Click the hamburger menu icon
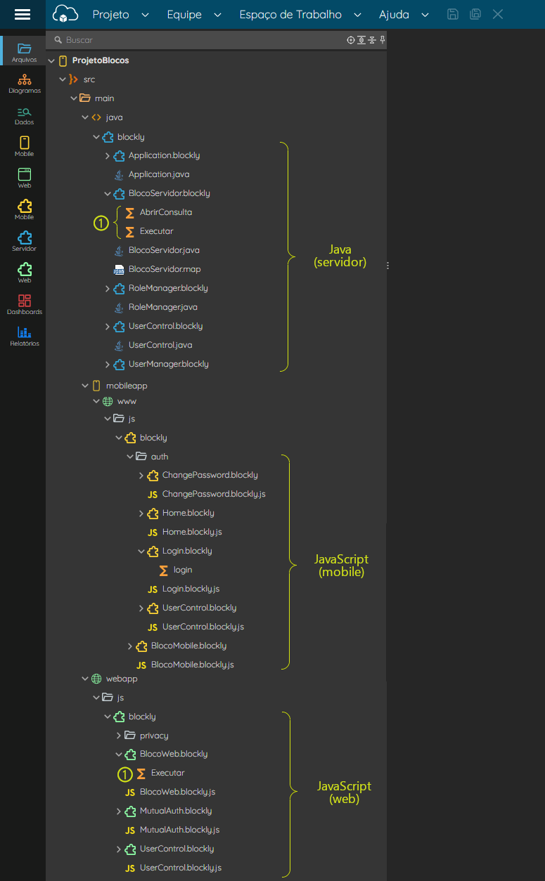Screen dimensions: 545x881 [x=23, y=15]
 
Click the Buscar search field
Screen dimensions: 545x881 [x=197, y=40]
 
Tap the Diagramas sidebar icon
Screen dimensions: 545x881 [x=25, y=84]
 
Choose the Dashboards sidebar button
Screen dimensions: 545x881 [x=25, y=305]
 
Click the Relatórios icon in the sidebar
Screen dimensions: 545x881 [x=25, y=337]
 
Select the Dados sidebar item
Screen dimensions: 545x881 [x=25, y=116]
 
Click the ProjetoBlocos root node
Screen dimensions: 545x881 [x=101, y=60]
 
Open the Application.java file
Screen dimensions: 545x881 [x=159, y=174]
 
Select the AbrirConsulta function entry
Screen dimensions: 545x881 [x=166, y=212]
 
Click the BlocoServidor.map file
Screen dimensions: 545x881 [x=165, y=269]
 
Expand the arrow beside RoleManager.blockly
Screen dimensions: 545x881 [x=107, y=289]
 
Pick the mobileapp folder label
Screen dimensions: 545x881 [x=127, y=386]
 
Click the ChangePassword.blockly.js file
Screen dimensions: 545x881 [x=214, y=494]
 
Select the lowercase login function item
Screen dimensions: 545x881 [x=183, y=570]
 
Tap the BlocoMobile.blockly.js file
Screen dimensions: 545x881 [x=192, y=665]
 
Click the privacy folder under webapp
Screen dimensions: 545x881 [x=154, y=736]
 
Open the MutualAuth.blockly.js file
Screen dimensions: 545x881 [x=179, y=830]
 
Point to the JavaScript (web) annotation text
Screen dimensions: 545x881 [x=344, y=792]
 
